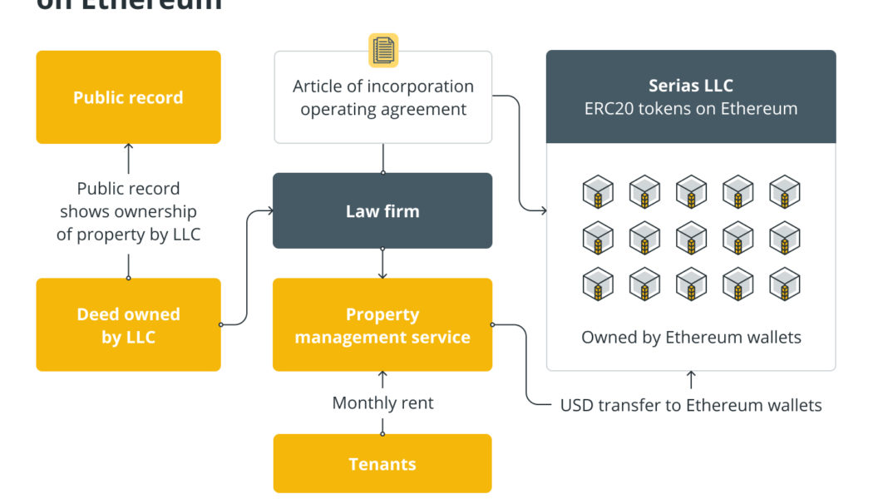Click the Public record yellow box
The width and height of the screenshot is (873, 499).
pos(128,97)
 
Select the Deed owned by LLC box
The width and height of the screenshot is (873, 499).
pos(128,325)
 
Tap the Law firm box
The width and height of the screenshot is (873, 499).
pos(382,211)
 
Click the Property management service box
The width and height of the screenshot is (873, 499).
pos(382,325)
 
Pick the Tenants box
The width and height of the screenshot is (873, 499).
pos(382,464)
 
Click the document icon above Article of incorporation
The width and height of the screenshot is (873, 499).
pos(383,50)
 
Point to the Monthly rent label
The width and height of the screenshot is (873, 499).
pos(382,403)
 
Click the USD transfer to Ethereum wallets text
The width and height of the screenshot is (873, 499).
pos(691,406)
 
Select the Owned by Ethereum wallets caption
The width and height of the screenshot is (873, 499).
pos(691,337)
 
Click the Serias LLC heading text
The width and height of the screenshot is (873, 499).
pos(691,86)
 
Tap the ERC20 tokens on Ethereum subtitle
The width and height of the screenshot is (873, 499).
pos(691,108)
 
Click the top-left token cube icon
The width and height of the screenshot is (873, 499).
pos(598,192)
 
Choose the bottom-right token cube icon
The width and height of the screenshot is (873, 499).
pos(784,284)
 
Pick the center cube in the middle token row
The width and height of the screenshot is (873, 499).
pos(691,238)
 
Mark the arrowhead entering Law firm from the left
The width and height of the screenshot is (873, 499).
pos(269,211)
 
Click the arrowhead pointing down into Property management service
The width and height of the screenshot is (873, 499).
pos(382,274)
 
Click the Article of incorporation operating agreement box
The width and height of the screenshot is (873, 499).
pos(382,97)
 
